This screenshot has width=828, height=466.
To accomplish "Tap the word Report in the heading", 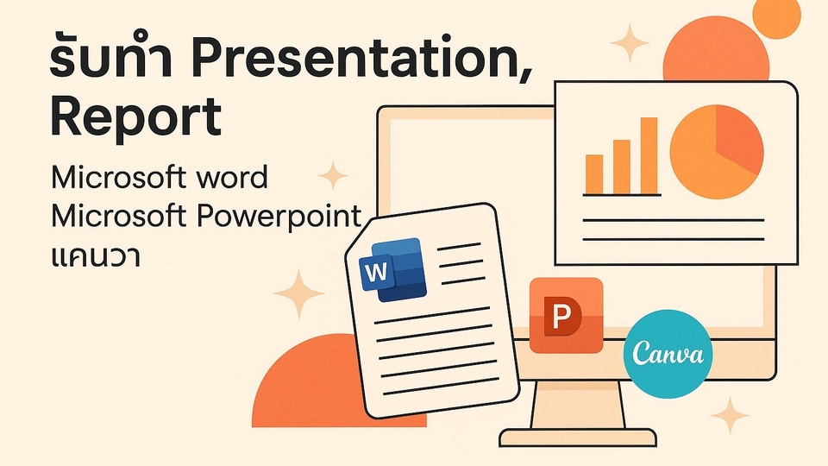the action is pos(135,117).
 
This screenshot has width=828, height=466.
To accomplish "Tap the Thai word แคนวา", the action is pos(96,256).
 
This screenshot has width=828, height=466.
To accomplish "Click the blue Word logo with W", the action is pos(393,270).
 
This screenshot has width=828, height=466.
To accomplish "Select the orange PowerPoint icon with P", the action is pos(566,316).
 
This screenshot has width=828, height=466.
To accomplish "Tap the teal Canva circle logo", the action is pos(668,354).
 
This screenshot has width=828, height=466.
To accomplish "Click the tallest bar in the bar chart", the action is pos(649,156).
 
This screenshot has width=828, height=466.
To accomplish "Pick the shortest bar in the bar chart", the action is pos(594,174).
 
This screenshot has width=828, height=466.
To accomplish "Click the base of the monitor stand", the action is pos(578,438).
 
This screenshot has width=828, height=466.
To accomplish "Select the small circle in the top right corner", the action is pos(776,17).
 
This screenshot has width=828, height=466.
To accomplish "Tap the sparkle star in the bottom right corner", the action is pos(730,416).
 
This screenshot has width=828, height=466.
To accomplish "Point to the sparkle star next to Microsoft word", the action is pos(333,175).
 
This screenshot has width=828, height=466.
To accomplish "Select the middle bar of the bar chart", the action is pos(622,167).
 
